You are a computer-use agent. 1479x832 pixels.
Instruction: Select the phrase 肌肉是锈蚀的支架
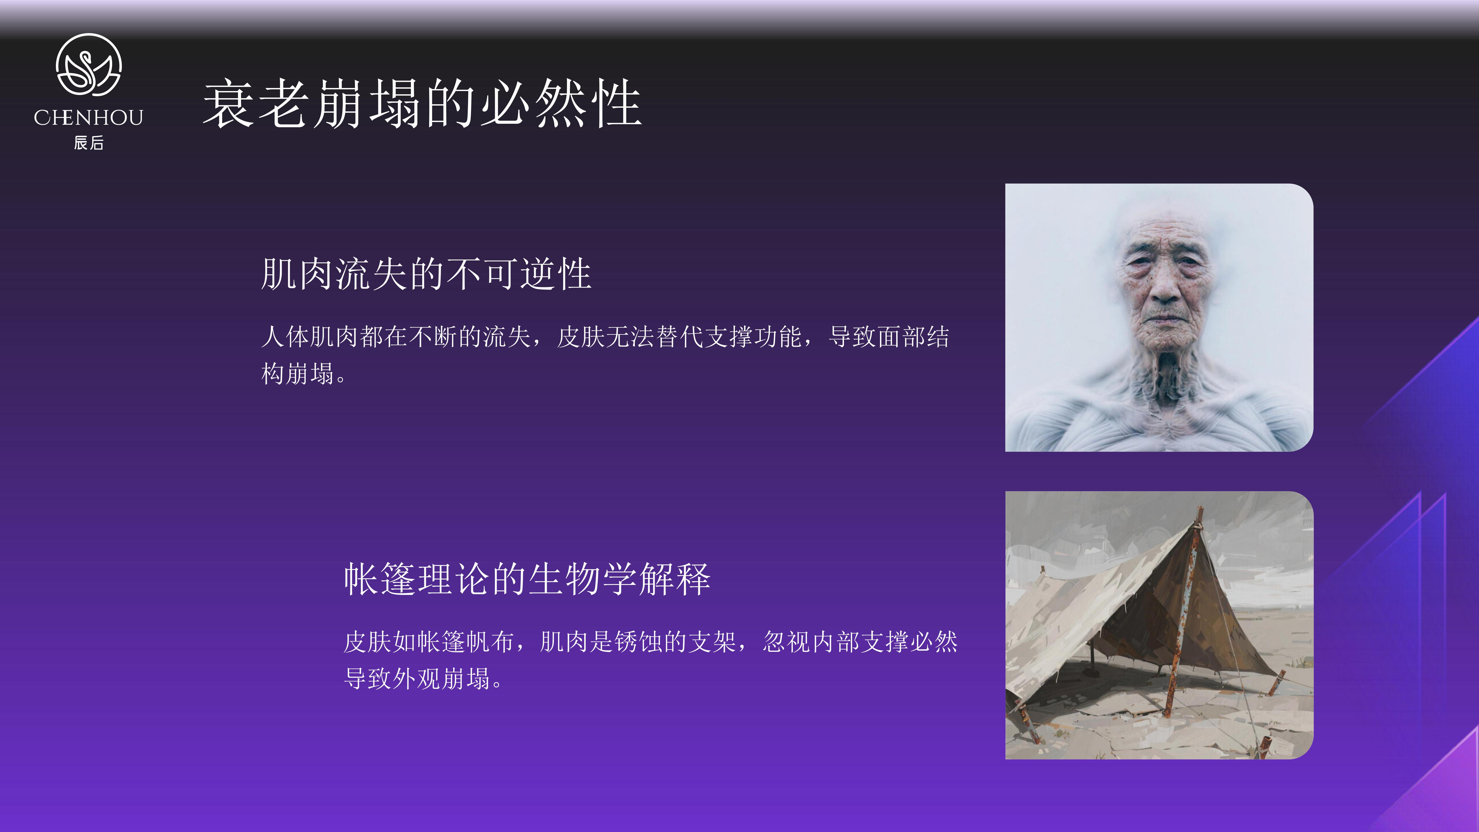[639, 642]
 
